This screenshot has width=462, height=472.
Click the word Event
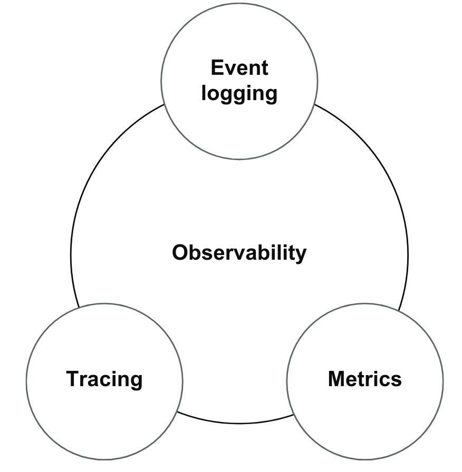[239, 68]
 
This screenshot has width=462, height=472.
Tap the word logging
[239, 94]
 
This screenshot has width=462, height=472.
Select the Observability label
[239, 253]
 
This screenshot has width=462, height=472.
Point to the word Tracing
[104, 379]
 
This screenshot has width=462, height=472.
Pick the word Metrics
[364, 379]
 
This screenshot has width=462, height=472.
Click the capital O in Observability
[181, 253]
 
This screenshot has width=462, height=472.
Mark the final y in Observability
[300, 255]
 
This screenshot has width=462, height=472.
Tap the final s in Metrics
[396, 379]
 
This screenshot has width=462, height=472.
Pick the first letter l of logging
[204, 93]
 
